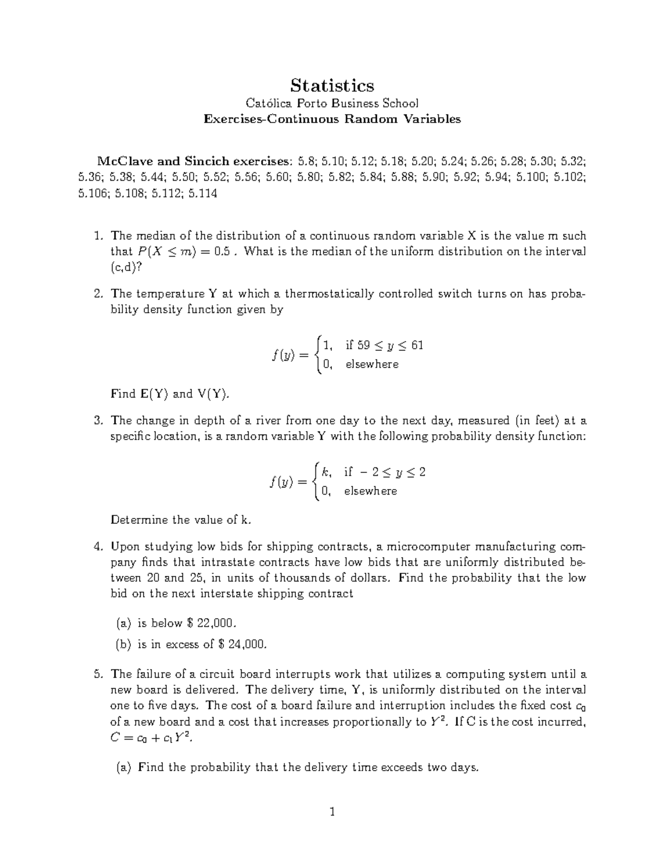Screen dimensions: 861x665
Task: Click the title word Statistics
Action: [x=332, y=85]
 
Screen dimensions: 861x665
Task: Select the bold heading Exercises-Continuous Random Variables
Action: [x=332, y=119]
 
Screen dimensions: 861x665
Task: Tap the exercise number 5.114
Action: [x=203, y=193]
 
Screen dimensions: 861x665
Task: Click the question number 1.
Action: [x=98, y=236]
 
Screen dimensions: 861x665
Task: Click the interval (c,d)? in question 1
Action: [x=126, y=267]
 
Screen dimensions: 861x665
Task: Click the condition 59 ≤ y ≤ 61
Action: [x=384, y=345]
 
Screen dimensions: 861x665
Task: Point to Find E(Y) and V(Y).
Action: [x=170, y=394]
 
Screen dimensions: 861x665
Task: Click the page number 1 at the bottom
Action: [x=332, y=813]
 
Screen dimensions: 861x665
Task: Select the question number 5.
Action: [x=98, y=675]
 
